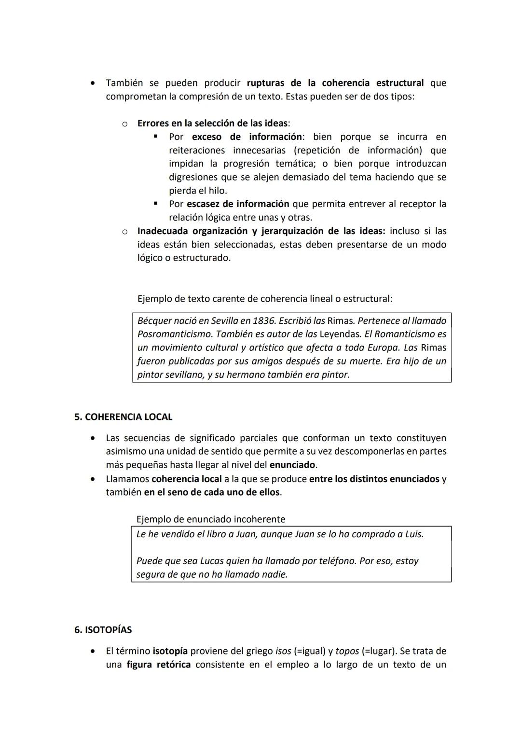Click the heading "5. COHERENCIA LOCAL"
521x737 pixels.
tap(123, 417)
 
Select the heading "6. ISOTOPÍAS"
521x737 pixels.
tap(103, 630)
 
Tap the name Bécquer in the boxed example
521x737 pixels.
tap(155, 320)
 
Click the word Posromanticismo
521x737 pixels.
tap(175, 334)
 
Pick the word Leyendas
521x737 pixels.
tap(340, 334)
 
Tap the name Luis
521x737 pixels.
tap(413, 534)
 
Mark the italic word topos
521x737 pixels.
tap(347, 651)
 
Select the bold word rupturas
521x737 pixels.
tap(265, 83)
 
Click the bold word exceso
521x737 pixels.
tap(206, 137)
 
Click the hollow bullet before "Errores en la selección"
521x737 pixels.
tap(124, 124)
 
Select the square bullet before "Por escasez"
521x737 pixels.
tap(155, 204)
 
